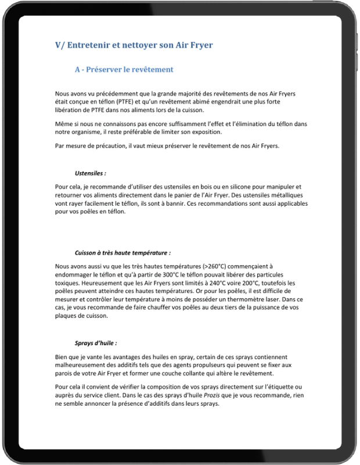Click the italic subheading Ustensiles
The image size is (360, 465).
coord(90,173)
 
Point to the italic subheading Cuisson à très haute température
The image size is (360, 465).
coord(123,253)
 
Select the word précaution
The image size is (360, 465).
coord(101,146)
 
